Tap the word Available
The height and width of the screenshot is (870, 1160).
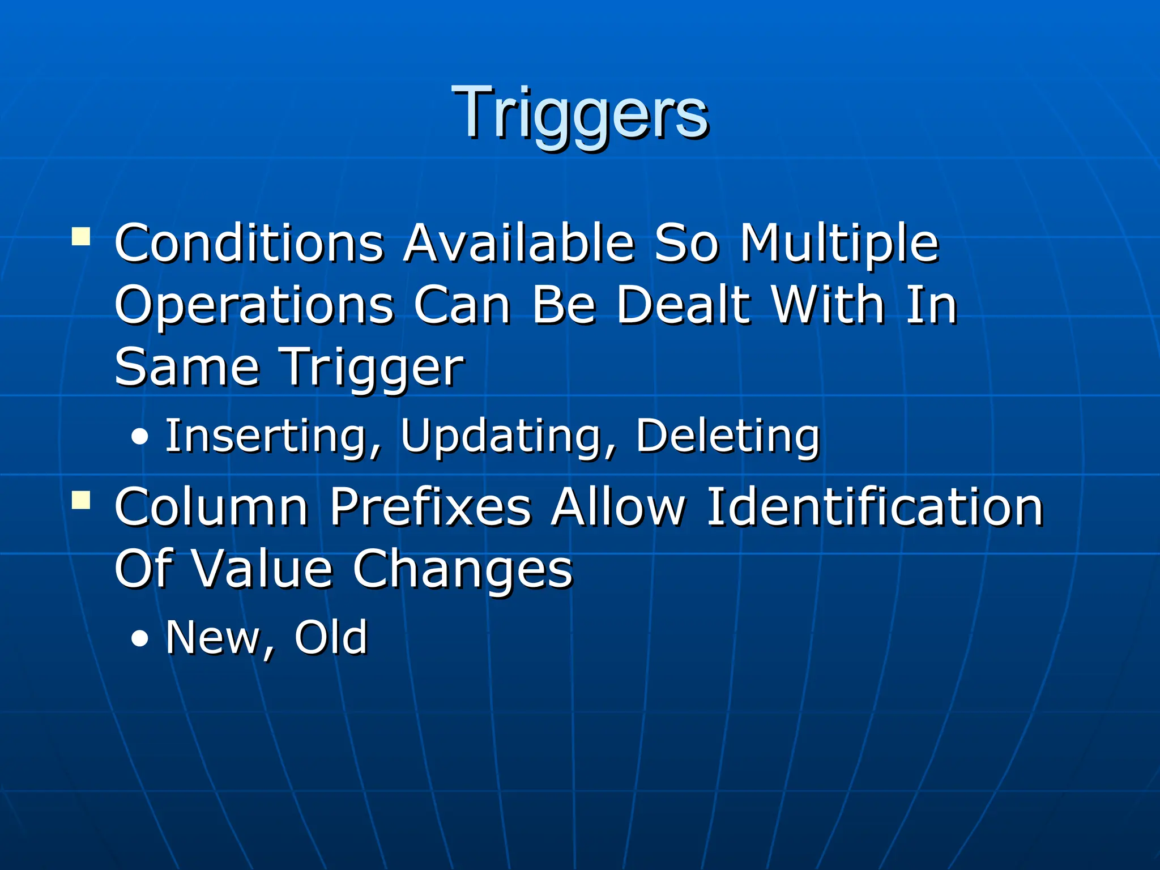(519, 244)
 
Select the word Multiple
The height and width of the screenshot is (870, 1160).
(839, 244)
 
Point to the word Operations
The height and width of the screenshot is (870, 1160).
(254, 306)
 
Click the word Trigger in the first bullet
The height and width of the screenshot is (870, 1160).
(373, 368)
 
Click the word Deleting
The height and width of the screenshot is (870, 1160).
(727, 436)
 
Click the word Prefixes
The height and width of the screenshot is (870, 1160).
(430, 507)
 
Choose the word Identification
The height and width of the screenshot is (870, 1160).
(875, 507)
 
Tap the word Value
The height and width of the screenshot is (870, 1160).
(263, 569)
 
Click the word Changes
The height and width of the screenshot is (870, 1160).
(462, 570)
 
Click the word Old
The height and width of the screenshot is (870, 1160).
(331, 638)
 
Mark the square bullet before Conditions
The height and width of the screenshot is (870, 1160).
(81, 236)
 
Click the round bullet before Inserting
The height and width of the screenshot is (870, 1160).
(139, 437)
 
